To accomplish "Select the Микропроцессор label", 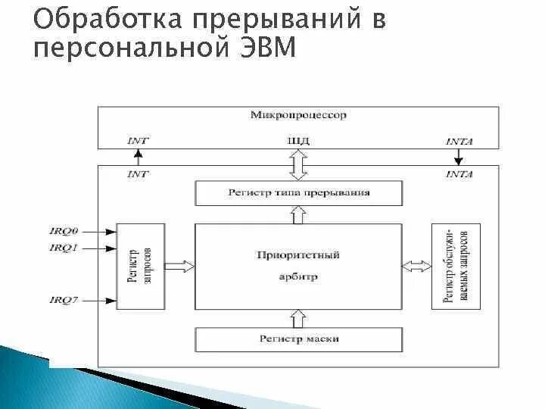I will (298, 115).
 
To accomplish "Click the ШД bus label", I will (298, 141).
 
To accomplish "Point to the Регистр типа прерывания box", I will (298, 192).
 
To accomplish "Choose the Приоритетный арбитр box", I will (298, 265).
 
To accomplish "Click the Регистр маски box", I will (298, 338).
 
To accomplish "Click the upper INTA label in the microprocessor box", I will (460, 142).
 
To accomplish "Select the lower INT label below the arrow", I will (137, 174).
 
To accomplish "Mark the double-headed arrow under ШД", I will (298, 164).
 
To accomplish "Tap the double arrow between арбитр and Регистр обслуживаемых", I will (416, 265).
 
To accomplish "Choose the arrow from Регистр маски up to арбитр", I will (298, 317).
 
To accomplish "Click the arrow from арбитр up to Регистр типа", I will (298, 214).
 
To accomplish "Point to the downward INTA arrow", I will (458, 158).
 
